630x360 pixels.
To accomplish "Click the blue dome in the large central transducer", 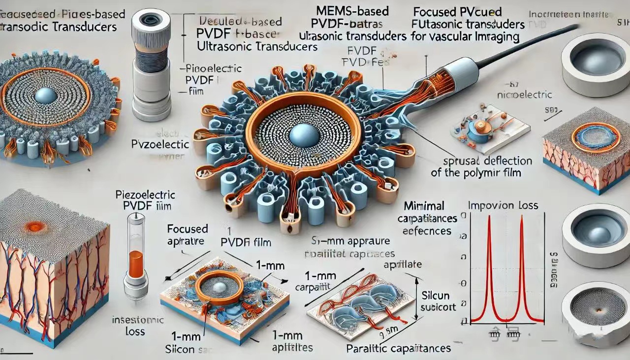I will pyautogui.click(x=303, y=134).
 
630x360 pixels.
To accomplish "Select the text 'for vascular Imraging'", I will pyautogui.click(x=471, y=36).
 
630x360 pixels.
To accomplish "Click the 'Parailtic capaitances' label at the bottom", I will pyautogui.click(x=399, y=348).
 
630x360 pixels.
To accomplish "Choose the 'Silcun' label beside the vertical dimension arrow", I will pyautogui.click(x=437, y=295).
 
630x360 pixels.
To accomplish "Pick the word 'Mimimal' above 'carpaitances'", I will pyautogui.click(x=424, y=205).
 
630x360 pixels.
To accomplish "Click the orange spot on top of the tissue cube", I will pyautogui.click(x=35, y=227).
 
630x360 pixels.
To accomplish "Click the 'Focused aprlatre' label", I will pyautogui.click(x=188, y=235).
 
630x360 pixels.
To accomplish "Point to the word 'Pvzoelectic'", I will pyautogui.click(x=160, y=144).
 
